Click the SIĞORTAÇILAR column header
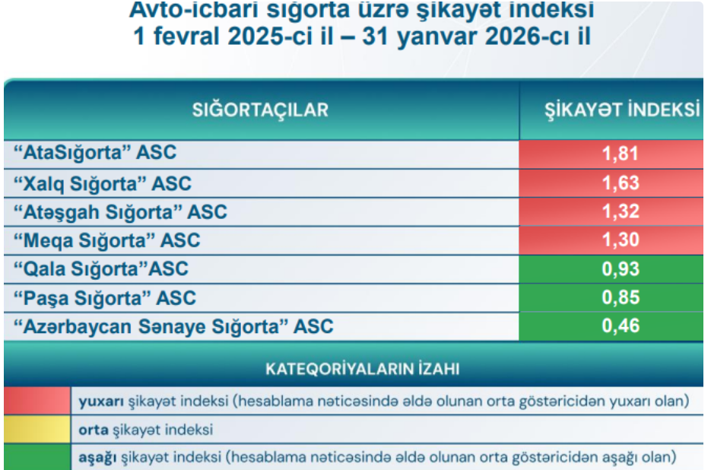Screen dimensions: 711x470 (x=260, y=110)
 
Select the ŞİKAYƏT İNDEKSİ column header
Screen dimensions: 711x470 (x=622, y=110)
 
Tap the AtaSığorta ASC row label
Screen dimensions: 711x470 (x=95, y=153)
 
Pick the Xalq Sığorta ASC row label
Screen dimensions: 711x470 (x=103, y=184)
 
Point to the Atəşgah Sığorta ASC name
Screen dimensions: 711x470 (x=120, y=212)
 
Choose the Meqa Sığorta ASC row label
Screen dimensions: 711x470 (x=107, y=240)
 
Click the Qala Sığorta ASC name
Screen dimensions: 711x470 (x=100, y=269)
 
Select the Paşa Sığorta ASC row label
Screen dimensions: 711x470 (x=105, y=298)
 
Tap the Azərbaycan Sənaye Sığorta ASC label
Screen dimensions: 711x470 (x=173, y=326)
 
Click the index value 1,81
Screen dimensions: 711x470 (x=621, y=154)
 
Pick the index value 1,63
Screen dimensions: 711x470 (x=621, y=183)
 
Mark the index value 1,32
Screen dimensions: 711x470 (x=621, y=211)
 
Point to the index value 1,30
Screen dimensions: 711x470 (x=621, y=240)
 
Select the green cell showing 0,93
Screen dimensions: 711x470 (x=611, y=269)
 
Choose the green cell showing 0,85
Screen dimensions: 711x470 (x=611, y=297)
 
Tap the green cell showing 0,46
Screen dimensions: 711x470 (x=611, y=326)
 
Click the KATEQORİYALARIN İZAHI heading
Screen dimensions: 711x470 (x=362, y=369)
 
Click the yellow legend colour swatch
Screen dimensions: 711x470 (x=37, y=429)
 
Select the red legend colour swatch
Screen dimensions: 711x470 (x=37, y=401)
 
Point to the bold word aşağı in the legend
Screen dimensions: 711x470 (x=97, y=457)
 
